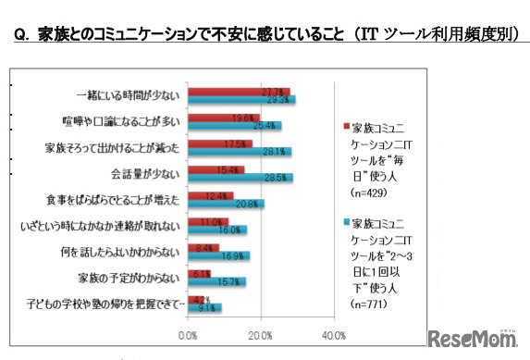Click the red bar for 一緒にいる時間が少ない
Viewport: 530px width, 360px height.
click(x=239, y=92)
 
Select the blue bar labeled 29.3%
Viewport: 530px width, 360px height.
click(x=241, y=99)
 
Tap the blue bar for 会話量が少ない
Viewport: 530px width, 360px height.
click(x=240, y=177)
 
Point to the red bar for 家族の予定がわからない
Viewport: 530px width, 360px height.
click(x=200, y=274)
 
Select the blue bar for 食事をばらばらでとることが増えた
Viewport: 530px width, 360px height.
click(x=227, y=203)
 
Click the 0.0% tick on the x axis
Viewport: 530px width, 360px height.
click(x=189, y=334)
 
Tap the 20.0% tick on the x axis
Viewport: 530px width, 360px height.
click(x=261, y=334)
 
